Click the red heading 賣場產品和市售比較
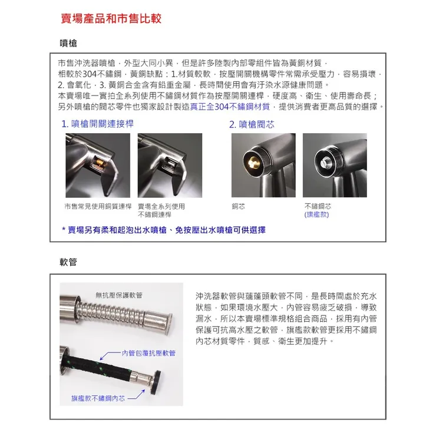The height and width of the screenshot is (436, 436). (x=111, y=19)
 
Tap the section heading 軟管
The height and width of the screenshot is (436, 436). (x=69, y=262)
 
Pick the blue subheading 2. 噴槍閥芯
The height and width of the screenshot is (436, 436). (x=252, y=124)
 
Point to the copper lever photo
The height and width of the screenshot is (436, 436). (x=97, y=166)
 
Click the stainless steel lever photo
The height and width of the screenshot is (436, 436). (x=169, y=166)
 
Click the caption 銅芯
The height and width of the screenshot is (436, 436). (x=239, y=206)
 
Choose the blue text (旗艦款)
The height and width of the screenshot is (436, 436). (x=317, y=214)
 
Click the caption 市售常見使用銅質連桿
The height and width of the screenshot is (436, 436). (x=98, y=206)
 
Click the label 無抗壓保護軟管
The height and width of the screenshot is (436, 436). (x=118, y=295)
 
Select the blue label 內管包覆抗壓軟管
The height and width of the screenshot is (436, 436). (x=148, y=352)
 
